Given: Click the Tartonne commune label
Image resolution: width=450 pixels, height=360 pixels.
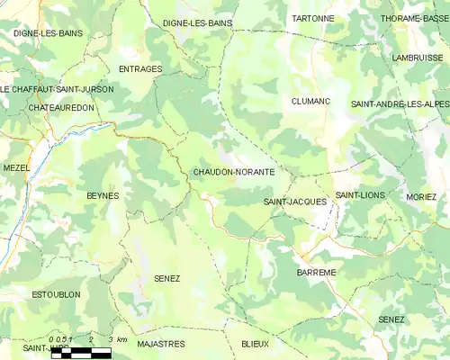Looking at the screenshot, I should click(312, 18).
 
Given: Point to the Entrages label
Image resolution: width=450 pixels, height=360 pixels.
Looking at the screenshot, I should click(140, 68).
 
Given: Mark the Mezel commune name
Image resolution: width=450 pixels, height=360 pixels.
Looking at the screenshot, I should click(16, 167).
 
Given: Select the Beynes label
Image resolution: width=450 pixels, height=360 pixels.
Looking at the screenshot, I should click(103, 195).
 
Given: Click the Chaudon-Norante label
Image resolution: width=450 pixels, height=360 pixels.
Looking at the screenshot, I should click(233, 171).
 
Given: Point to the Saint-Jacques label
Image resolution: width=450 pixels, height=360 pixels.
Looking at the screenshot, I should click(295, 202).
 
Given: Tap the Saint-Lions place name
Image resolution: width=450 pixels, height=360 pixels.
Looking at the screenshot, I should click(360, 195).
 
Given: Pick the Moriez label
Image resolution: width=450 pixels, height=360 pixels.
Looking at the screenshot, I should click(421, 196).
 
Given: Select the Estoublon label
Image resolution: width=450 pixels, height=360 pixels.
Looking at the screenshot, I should click(56, 294).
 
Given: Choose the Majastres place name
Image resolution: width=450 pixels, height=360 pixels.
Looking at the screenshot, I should click(161, 344).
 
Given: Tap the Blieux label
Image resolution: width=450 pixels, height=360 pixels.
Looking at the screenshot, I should click(255, 344).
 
